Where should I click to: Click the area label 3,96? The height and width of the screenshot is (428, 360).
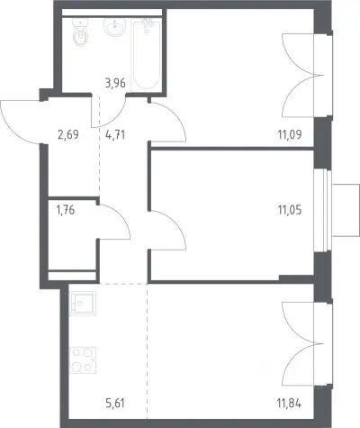pos(115,83)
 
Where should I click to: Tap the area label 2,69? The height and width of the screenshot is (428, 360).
pos(68,134)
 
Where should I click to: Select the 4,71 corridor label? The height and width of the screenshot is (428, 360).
pos(115,134)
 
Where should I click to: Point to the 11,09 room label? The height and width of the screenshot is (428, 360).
pos(290,134)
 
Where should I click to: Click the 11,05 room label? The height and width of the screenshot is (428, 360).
pos(290,210)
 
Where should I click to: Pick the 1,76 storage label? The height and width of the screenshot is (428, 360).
pos(66,210)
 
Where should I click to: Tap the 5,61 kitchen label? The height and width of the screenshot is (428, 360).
pos(115,403)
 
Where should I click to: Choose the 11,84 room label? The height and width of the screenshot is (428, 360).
pos(290,403)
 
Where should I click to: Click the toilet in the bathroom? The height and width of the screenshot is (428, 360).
pos(80,32)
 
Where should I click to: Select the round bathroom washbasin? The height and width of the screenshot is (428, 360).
pos(115,27)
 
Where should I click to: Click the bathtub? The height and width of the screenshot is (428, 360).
pos(146,53)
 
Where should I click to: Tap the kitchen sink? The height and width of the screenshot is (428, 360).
pos(83,304)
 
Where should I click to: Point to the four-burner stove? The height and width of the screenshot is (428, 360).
pos(83,360)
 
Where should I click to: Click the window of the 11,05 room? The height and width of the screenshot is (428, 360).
pos(323,210)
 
